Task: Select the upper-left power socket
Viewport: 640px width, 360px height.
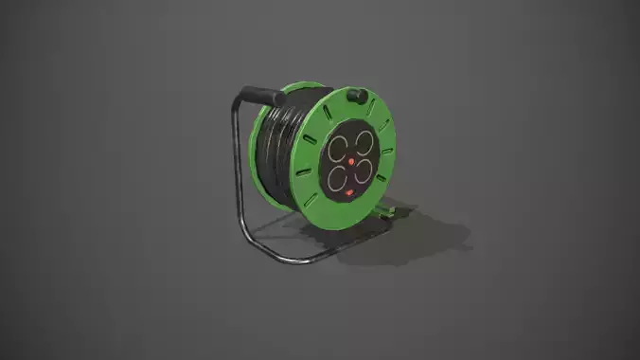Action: [x=339, y=147]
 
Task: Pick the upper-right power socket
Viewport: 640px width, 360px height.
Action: [x=364, y=143]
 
